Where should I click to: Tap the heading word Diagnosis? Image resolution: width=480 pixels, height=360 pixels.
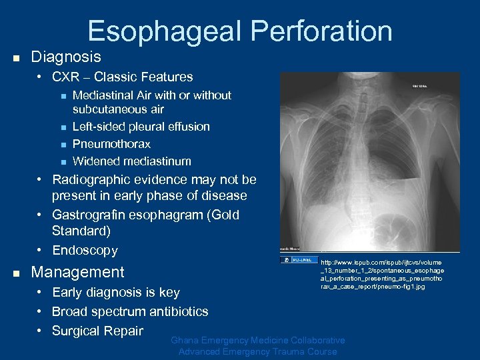66,57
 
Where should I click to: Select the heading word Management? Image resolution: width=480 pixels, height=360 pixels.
78,272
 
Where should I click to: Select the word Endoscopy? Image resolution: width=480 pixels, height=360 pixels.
85,251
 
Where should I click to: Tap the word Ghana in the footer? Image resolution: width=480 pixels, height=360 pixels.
187,341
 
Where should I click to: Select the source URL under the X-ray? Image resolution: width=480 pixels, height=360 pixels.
382,274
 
